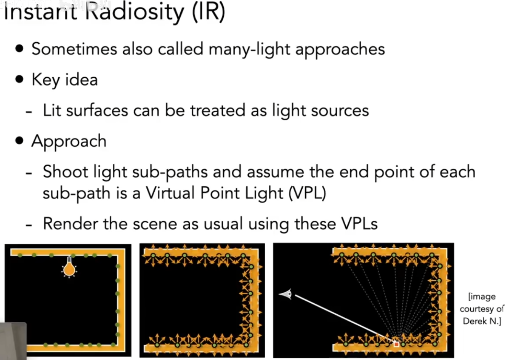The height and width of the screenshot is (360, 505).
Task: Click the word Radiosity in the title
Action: coord(134,12)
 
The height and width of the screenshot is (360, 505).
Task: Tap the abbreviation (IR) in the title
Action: coord(208,12)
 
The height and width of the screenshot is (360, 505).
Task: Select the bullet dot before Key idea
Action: coord(19,80)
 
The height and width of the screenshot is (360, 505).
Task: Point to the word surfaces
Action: coord(97,110)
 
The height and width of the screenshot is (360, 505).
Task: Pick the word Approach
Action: coord(69,141)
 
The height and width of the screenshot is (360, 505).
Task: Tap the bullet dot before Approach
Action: coord(19,141)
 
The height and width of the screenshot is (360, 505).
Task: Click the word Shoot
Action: coord(66,172)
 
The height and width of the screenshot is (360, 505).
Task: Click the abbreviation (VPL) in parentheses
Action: coord(307,193)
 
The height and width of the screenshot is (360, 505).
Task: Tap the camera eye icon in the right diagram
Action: coord(286,294)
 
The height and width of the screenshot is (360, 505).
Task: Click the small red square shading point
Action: coord(396,344)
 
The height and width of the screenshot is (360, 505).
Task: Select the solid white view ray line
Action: coord(343,318)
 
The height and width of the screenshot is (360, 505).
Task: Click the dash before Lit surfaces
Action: coord(29,111)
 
